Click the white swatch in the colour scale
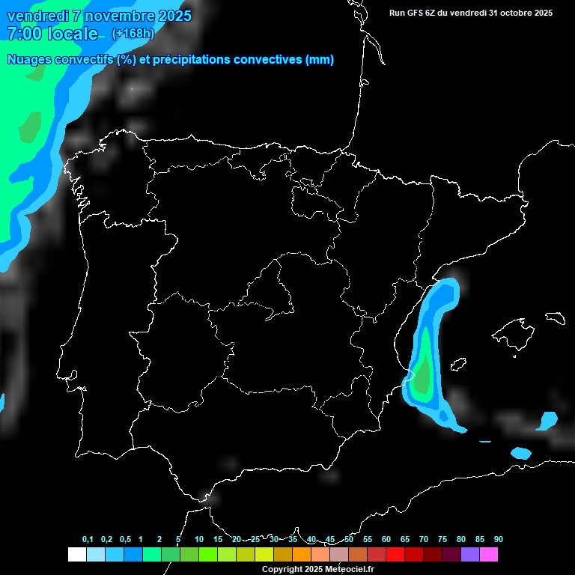76,554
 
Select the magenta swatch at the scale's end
489,554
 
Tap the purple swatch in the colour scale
470,554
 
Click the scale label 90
499,539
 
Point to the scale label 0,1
88,539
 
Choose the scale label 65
405,539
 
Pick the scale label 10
199,539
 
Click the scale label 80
461,539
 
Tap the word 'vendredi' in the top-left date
37,16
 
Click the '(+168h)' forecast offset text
133,34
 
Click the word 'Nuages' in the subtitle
29,60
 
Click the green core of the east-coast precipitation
425,367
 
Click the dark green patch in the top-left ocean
30,127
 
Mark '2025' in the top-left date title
171,16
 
